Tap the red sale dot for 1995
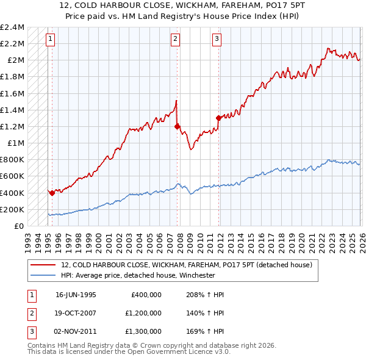[x=52, y=193]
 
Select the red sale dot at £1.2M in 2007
[x=178, y=127]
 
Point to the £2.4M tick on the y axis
[x=12, y=27]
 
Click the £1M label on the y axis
[x=16, y=143]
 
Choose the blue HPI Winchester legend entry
[x=146, y=275]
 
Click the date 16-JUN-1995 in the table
[x=76, y=294]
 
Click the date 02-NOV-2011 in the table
[x=76, y=332]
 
